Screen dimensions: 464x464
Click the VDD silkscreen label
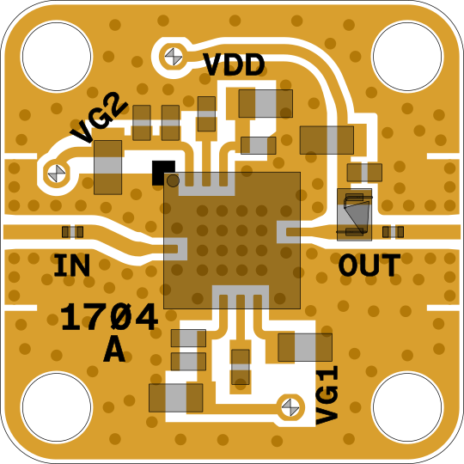tap(234, 64)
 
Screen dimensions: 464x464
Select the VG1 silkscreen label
tap(327, 395)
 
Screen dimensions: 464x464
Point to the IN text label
tap(71, 266)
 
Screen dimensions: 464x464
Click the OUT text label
tap(369, 266)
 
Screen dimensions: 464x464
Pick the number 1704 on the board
tap(109, 317)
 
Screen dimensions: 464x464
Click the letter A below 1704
tap(114, 350)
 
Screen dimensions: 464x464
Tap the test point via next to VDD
tap(174, 57)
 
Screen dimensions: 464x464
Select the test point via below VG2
tap(57, 174)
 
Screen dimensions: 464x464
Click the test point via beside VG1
tap(290, 407)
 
